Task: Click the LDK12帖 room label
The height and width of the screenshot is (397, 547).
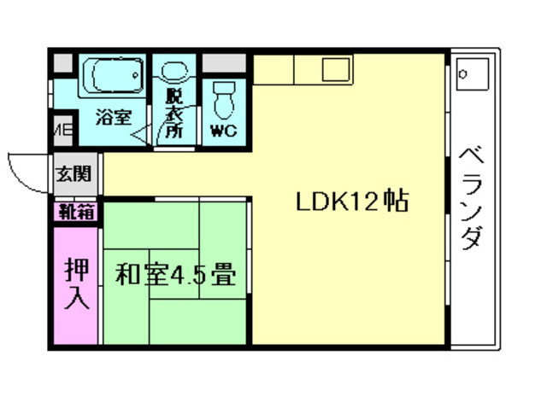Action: tap(351, 202)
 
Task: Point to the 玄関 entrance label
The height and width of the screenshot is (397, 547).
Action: tap(73, 173)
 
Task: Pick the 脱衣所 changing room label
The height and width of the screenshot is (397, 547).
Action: tap(174, 114)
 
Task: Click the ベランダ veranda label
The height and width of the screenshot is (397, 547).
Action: tap(470, 198)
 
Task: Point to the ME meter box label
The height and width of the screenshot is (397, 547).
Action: tap(62, 131)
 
